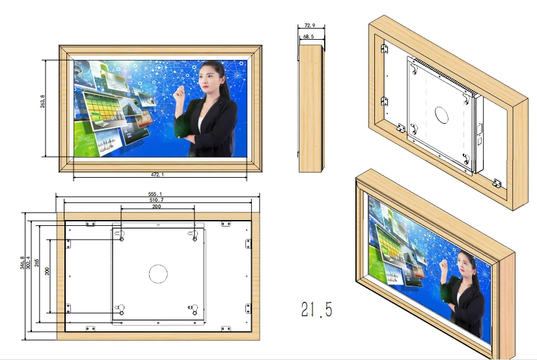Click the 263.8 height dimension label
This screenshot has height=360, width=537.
(42, 102)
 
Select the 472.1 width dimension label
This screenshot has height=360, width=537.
(158, 174)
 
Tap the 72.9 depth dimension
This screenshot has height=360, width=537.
(309, 25)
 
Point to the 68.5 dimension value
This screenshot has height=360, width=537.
(309, 36)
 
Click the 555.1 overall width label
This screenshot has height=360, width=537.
(155, 194)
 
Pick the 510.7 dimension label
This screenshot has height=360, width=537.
(156, 200)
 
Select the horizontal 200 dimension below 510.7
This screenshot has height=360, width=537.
(156, 206)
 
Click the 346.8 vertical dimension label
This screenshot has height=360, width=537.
(22, 263)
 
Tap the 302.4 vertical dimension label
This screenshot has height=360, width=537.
(28, 263)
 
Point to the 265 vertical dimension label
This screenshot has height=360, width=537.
(36, 263)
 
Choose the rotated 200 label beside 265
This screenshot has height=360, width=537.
(47, 271)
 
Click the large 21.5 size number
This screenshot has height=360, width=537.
(317, 309)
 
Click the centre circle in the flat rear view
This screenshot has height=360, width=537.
(158, 274)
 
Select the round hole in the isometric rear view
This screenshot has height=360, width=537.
(441, 115)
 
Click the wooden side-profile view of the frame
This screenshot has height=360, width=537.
(311, 108)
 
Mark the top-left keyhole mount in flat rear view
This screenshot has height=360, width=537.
(120, 235)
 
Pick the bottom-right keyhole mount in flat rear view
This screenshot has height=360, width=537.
(193, 309)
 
